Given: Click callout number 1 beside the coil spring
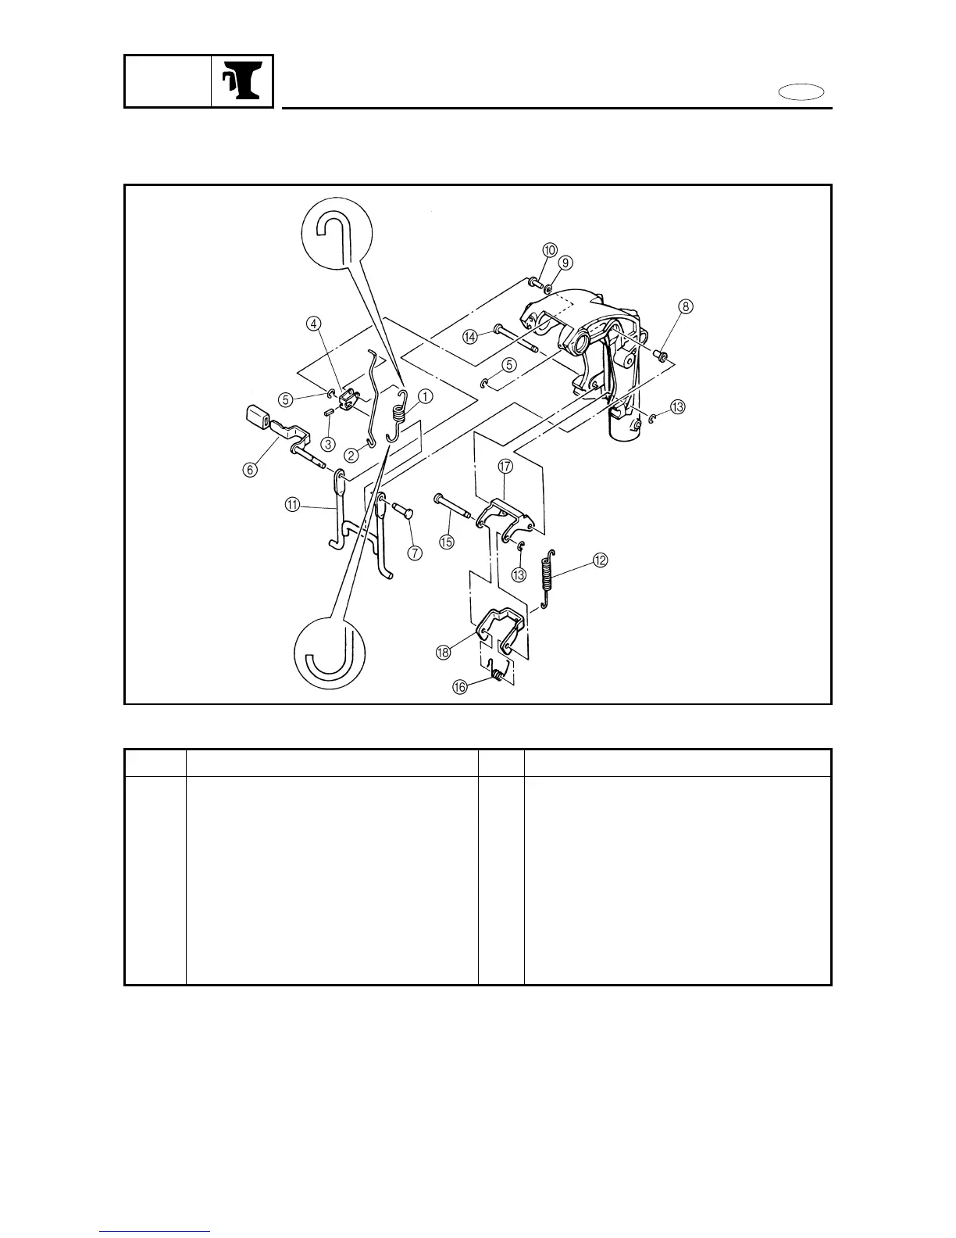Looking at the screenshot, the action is click(425, 396).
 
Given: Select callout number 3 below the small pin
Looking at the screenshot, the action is click(328, 443).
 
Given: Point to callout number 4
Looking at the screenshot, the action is click(312, 323).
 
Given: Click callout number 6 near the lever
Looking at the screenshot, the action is click(249, 469).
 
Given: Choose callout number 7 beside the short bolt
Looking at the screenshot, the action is click(414, 553).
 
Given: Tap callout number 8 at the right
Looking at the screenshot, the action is click(685, 306).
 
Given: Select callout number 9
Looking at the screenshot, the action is click(565, 263).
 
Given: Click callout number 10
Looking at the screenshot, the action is click(550, 250).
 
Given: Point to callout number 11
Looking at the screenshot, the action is click(291, 506).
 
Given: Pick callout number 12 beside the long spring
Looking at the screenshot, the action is click(600, 560).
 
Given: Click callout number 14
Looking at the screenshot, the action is click(469, 337).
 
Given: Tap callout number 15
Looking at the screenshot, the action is click(447, 541).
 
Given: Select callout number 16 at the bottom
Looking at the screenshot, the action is click(459, 686).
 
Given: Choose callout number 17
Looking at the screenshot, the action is click(505, 467).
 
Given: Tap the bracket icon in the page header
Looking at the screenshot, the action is click(241, 81).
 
